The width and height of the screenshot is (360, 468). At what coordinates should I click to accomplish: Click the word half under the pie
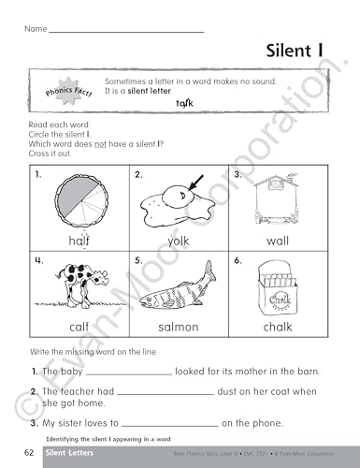coord(78,241)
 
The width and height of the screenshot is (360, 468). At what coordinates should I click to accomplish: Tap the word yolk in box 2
coord(178,241)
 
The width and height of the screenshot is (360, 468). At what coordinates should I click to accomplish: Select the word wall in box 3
coord(277,241)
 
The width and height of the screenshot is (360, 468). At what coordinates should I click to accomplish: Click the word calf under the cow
coord(78,327)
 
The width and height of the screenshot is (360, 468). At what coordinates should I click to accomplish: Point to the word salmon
coord(178,327)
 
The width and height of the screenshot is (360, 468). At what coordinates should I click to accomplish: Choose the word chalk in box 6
coord(277,327)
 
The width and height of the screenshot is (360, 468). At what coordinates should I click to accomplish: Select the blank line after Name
coord(126,32)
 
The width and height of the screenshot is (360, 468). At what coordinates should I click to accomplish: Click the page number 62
coord(30,456)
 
